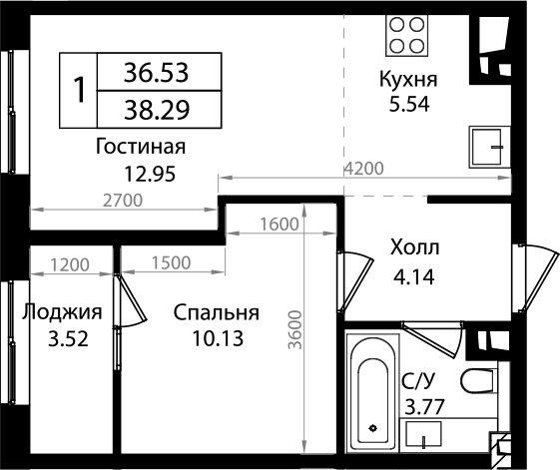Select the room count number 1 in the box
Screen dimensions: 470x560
point(78,90)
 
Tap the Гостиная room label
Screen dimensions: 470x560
point(141,148)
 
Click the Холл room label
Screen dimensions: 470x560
point(414,245)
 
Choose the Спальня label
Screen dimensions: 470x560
point(216,312)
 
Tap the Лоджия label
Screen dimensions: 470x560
point(62,312)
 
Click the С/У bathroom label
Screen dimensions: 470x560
point(417,379)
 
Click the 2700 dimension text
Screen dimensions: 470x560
point(123,200)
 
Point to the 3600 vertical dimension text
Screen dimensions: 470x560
point(292,326)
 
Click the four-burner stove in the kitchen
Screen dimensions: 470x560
point(406,35)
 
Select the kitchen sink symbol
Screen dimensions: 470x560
point(489,148)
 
